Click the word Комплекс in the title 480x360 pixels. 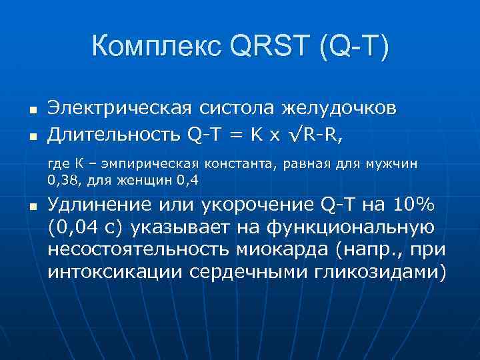point(155,47)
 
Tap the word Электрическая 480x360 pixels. point(119,108)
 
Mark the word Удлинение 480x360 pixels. point(99,205)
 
